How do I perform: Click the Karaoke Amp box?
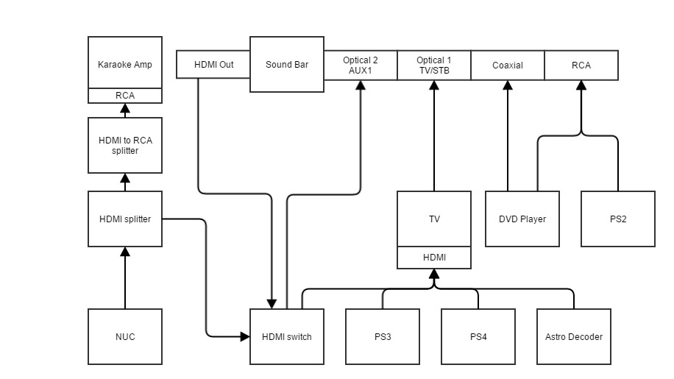click(x=125, y=63)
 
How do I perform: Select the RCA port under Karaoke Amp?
click(x=125, y=96)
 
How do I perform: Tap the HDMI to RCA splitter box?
click(x=125, y=145)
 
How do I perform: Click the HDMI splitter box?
click(x=125, y=219)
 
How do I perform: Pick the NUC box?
click(x=125, y=336)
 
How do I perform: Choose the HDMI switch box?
click(x=287, y=336)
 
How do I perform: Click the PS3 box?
click(x=383, y=336)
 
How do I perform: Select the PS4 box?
click(x=478, y=336)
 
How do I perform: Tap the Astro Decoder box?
click(x=574, y=336)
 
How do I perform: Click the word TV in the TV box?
click(x=434, y=219)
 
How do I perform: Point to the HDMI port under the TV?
click(x=434, y=258)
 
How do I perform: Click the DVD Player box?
click(x=522, y=219)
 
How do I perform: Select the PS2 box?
click(x=618, y=219)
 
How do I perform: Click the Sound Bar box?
click(x=287, y=65)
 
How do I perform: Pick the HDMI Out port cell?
click(x=213, y=65)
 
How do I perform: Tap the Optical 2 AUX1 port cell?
click(x=361, y=65)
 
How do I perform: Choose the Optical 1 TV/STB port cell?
click(x=434, y=65)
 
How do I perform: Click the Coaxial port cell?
click(x=508, y=65)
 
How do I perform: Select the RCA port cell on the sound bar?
click(x=581, y=65)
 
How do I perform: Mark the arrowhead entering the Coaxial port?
click(x=508, y=85)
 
